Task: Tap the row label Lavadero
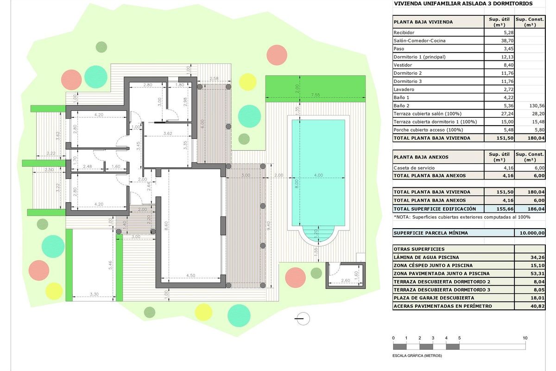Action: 404,90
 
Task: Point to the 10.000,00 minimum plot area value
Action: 533,233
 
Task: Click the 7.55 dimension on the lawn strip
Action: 315,95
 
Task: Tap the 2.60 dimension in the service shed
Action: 345,281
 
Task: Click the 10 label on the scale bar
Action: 525,338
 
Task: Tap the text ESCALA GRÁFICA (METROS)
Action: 417,356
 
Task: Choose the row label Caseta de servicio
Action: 413,168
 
